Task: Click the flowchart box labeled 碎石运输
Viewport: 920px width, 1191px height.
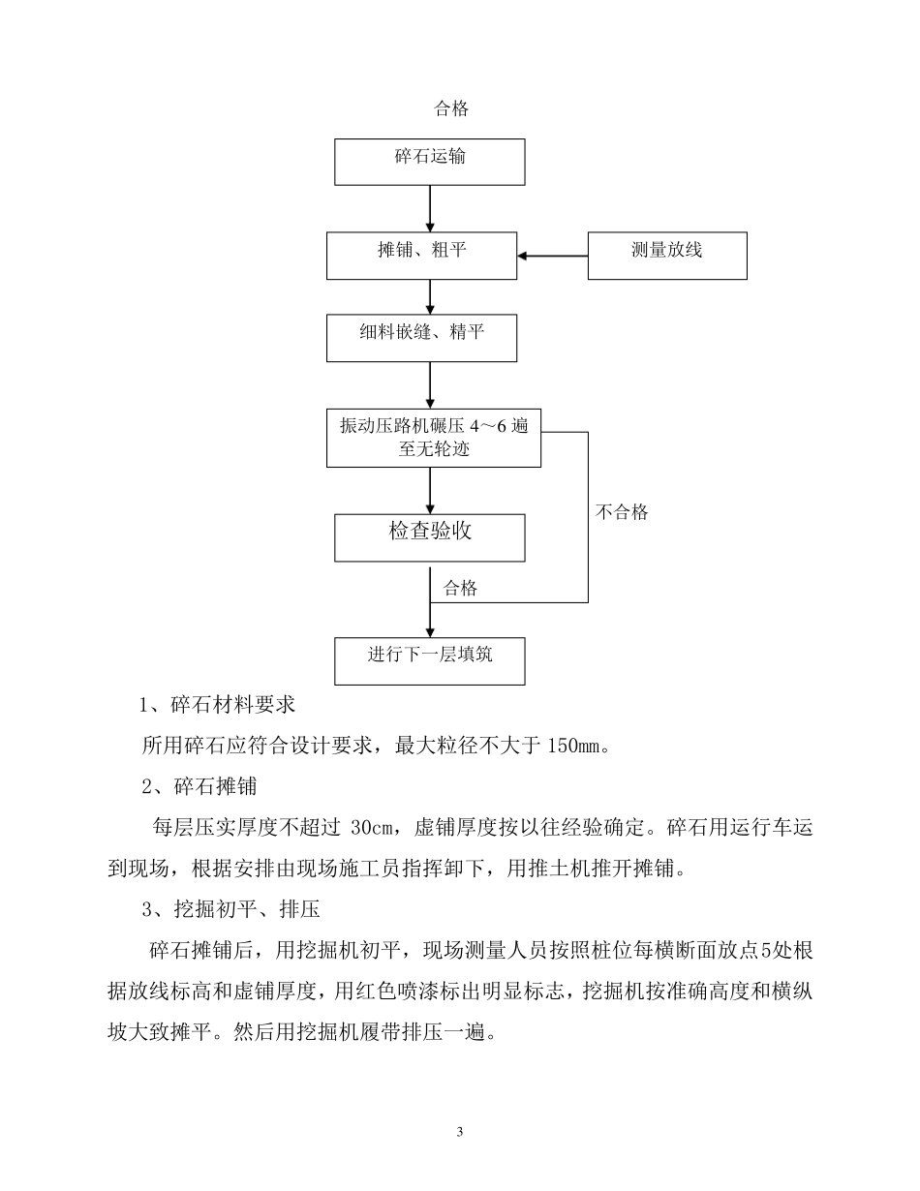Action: (x=430, y=161)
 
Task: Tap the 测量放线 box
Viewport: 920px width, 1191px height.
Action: (x=667, y=256)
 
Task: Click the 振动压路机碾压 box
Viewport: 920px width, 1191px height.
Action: (x=432, y=438)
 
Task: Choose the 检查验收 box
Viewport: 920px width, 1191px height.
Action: (x=430, y=537)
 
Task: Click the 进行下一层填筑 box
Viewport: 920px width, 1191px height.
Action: (x=430, y=660)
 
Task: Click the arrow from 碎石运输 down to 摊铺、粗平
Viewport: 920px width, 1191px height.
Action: (x=430, y=208)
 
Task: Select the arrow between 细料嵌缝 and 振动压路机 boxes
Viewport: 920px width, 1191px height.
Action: (x=430, y=385)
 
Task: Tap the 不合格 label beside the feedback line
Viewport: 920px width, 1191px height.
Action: (x=621, y=512)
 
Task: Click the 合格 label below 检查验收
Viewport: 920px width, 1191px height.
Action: (x=460, y=589)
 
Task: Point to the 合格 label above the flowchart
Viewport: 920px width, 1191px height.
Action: (x=451, y=109)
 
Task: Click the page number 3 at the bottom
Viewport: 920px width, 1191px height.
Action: (x=460, y=1132)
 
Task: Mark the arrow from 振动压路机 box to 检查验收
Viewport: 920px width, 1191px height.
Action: (x=430, y=490)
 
